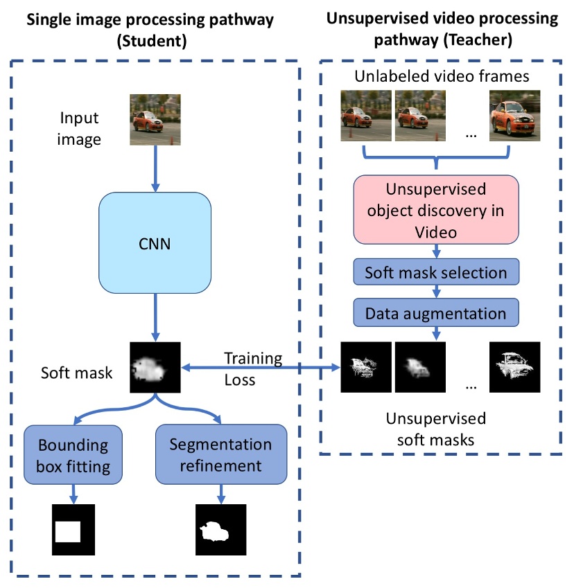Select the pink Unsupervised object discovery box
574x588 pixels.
435,210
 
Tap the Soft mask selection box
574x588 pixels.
435,272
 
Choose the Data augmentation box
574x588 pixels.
435,313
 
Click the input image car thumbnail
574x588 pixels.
156,120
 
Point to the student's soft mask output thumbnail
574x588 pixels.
155,366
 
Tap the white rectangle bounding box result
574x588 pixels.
68,532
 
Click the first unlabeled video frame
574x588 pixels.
365,116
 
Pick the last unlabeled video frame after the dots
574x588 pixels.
514,116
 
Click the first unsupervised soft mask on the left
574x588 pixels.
365,367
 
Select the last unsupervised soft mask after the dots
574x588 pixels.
514,367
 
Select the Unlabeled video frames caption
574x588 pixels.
441,76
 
